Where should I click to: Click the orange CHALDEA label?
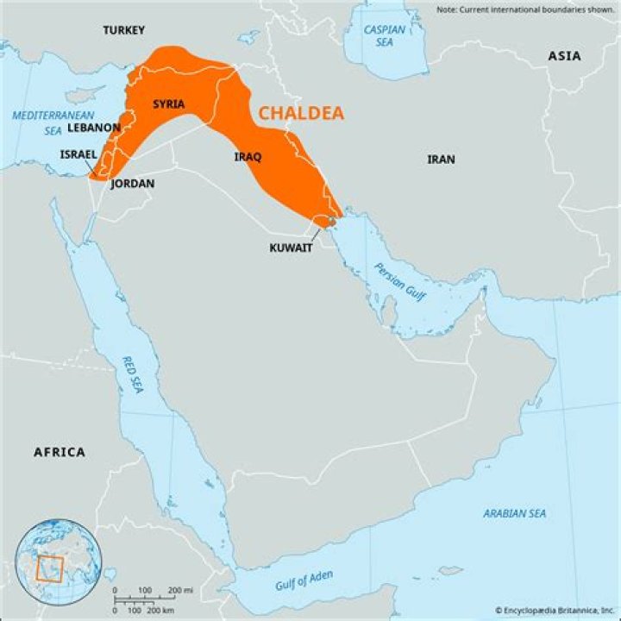coord(301,113)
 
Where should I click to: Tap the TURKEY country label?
coord(124,30)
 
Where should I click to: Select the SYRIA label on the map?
coord(168,104)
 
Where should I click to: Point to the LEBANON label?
coord(93,127)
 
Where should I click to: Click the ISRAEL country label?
coord(78,154)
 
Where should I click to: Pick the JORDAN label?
coord(133,184)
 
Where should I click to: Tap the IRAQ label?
coord(248,157)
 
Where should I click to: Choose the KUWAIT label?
coord(291,248)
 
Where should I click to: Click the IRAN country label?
coord(441,160)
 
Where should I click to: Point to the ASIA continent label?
coord(564,56)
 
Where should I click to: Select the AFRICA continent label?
coord(60,452)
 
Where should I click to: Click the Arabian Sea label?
coord(514,513)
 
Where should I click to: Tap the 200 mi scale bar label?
coord(180,589)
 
